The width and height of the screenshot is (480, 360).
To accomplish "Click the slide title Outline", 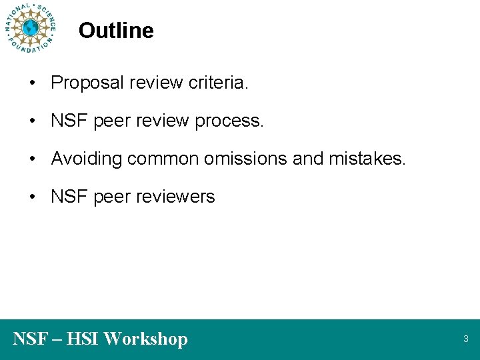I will (116, 31).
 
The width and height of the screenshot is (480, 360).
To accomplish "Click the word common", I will (164, 159).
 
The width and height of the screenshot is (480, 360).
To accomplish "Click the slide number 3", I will (466, 339).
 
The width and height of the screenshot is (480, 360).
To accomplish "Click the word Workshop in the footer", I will (146, 339).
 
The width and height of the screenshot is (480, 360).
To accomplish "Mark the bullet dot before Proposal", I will (31, 83).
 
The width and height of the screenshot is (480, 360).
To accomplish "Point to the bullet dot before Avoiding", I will (31, 159).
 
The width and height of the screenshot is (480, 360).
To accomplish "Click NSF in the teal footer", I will (29, 339).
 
